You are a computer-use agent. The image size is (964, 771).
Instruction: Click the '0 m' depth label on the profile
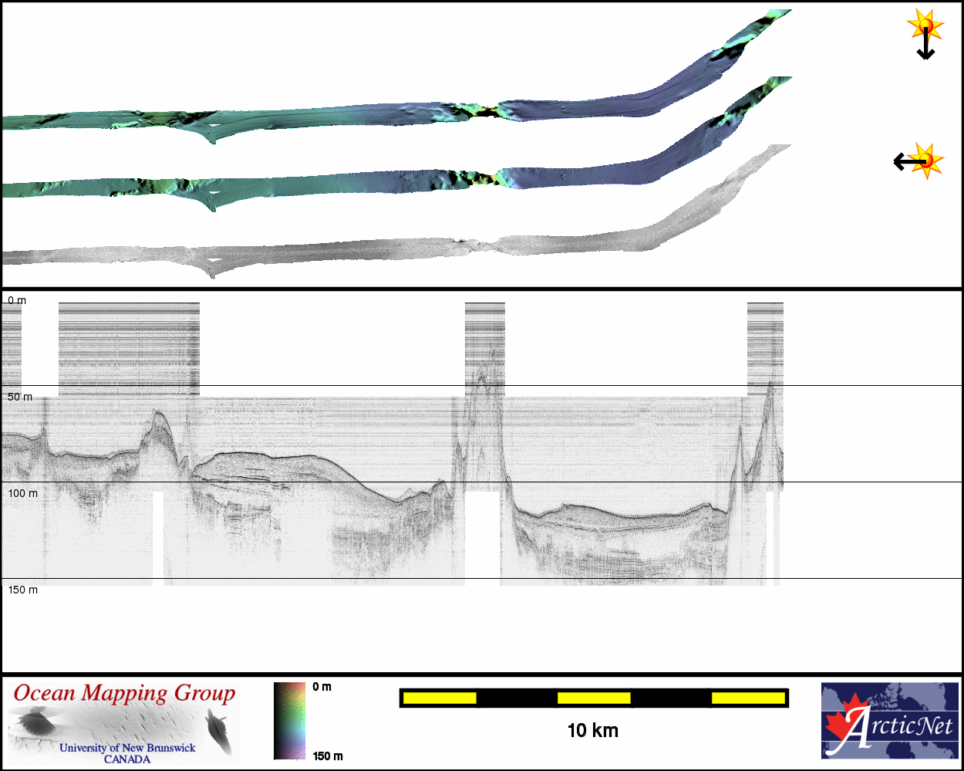[17, 301]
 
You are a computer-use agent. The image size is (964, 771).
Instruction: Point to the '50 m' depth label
[20, 397]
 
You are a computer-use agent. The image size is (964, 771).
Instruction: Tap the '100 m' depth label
[23, 493]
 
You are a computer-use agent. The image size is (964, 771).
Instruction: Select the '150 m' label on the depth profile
[23, 590]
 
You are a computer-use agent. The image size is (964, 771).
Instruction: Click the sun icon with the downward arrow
[925, 26]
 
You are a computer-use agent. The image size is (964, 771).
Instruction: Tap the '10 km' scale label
[592, 731]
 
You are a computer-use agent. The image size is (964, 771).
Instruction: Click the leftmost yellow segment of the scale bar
[440, 698]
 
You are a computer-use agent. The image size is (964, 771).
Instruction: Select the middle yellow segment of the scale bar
[594, 698]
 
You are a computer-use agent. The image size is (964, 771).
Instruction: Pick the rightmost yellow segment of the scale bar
[748, 698]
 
